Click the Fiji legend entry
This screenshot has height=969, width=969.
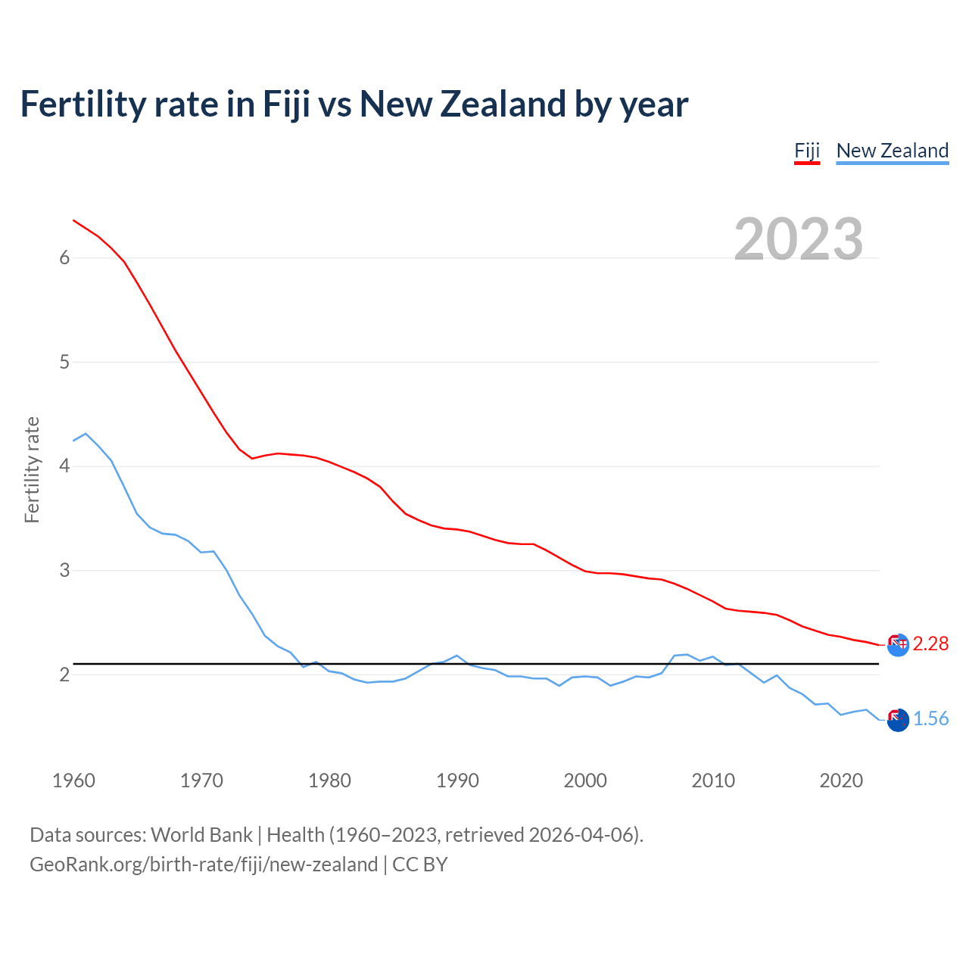click(807, 151)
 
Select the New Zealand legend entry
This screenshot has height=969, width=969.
click(892, 151)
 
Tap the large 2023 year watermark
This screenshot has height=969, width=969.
click(799, 239)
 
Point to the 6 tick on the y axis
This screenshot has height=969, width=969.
click(64, 258)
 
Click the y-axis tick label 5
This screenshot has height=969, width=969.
click(64, 362)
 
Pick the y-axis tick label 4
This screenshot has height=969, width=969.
click(64, 466)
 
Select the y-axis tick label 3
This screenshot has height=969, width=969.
click(64, 570)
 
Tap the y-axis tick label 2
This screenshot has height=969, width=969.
click(64, 675)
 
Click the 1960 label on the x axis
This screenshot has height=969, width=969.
click(73, 780)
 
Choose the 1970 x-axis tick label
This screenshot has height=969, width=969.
click(201, 780)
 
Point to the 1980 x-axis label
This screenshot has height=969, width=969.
click(329, 780)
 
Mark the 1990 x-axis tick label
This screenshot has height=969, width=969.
click(457, 780)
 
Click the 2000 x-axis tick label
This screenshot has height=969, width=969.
click(585, 780)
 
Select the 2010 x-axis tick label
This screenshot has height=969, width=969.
click(713, 780)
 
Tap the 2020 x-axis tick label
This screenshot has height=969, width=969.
click(841, 780)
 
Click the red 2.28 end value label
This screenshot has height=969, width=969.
click(930, 643)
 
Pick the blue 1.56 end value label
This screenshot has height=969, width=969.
click(930, 718)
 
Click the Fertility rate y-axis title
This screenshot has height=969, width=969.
click(32, 469)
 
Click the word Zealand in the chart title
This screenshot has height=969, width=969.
click(503, 104)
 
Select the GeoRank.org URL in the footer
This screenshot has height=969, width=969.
click(204, 865)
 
